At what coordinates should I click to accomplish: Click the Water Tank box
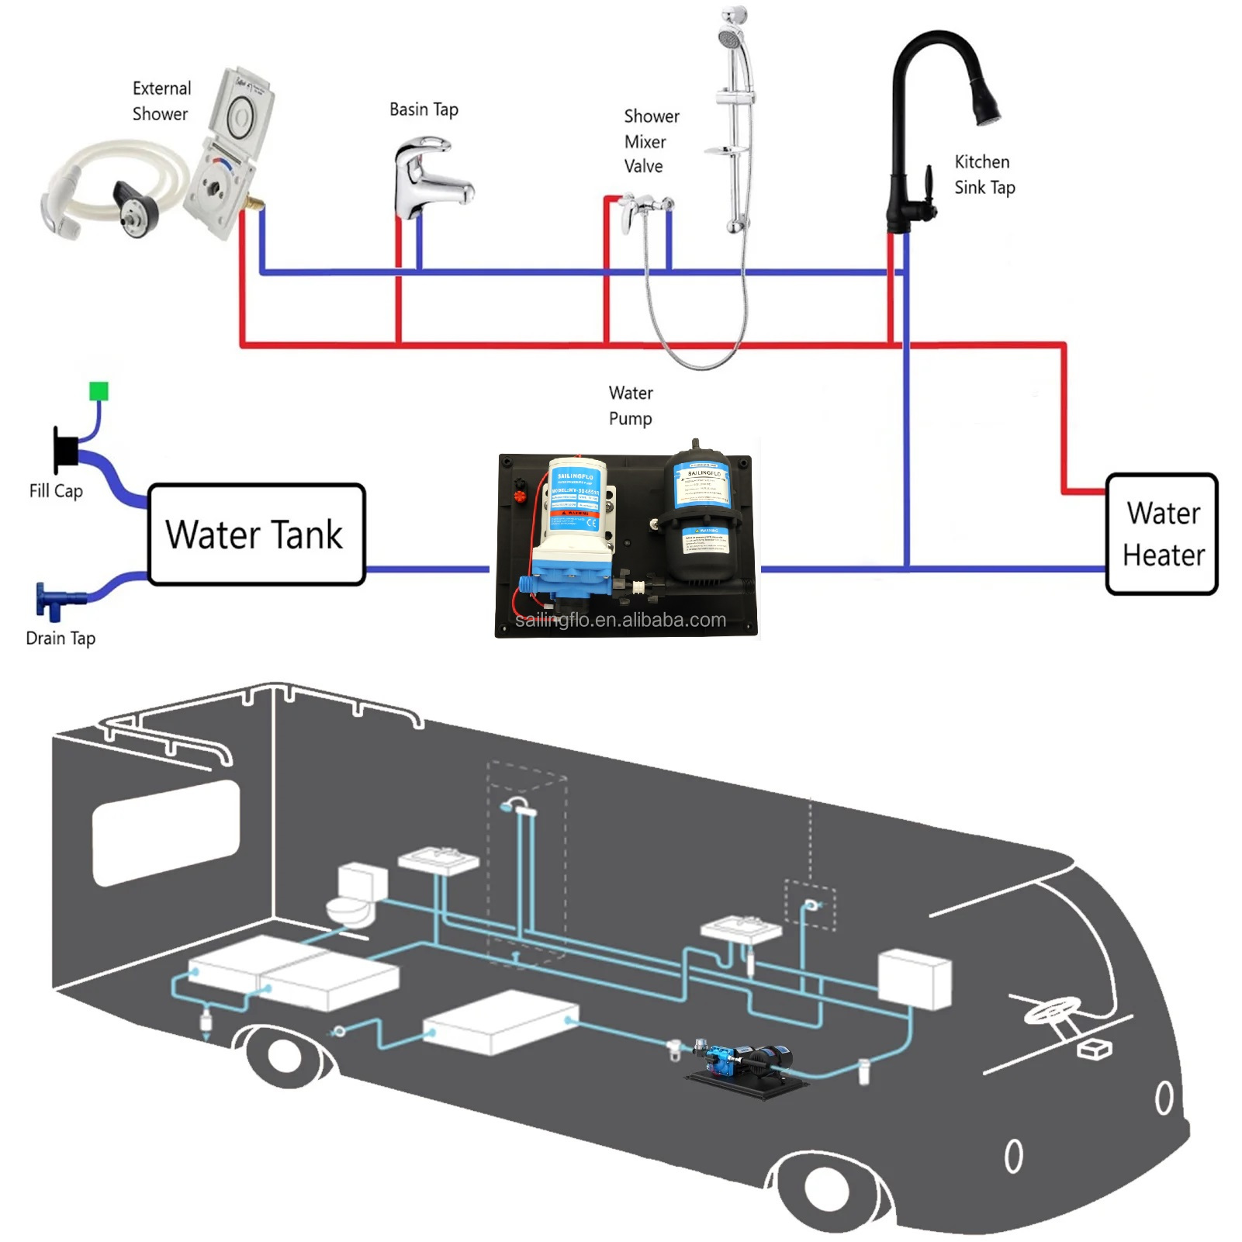(x=256, y=535)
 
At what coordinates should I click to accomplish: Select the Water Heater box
(x=1161, y=535)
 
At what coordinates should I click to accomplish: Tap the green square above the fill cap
(x=99, y=391)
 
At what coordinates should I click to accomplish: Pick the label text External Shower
(x=161, y=101)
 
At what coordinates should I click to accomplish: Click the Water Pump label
(x=630, y=406)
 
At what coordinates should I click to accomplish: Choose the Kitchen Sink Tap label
(x=984, y=175)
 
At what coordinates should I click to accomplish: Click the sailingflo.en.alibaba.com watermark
(x=621, y=620)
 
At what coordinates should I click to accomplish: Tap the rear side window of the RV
(x=166, y=832)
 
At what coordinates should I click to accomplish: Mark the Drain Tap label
(x=61, y=638)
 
